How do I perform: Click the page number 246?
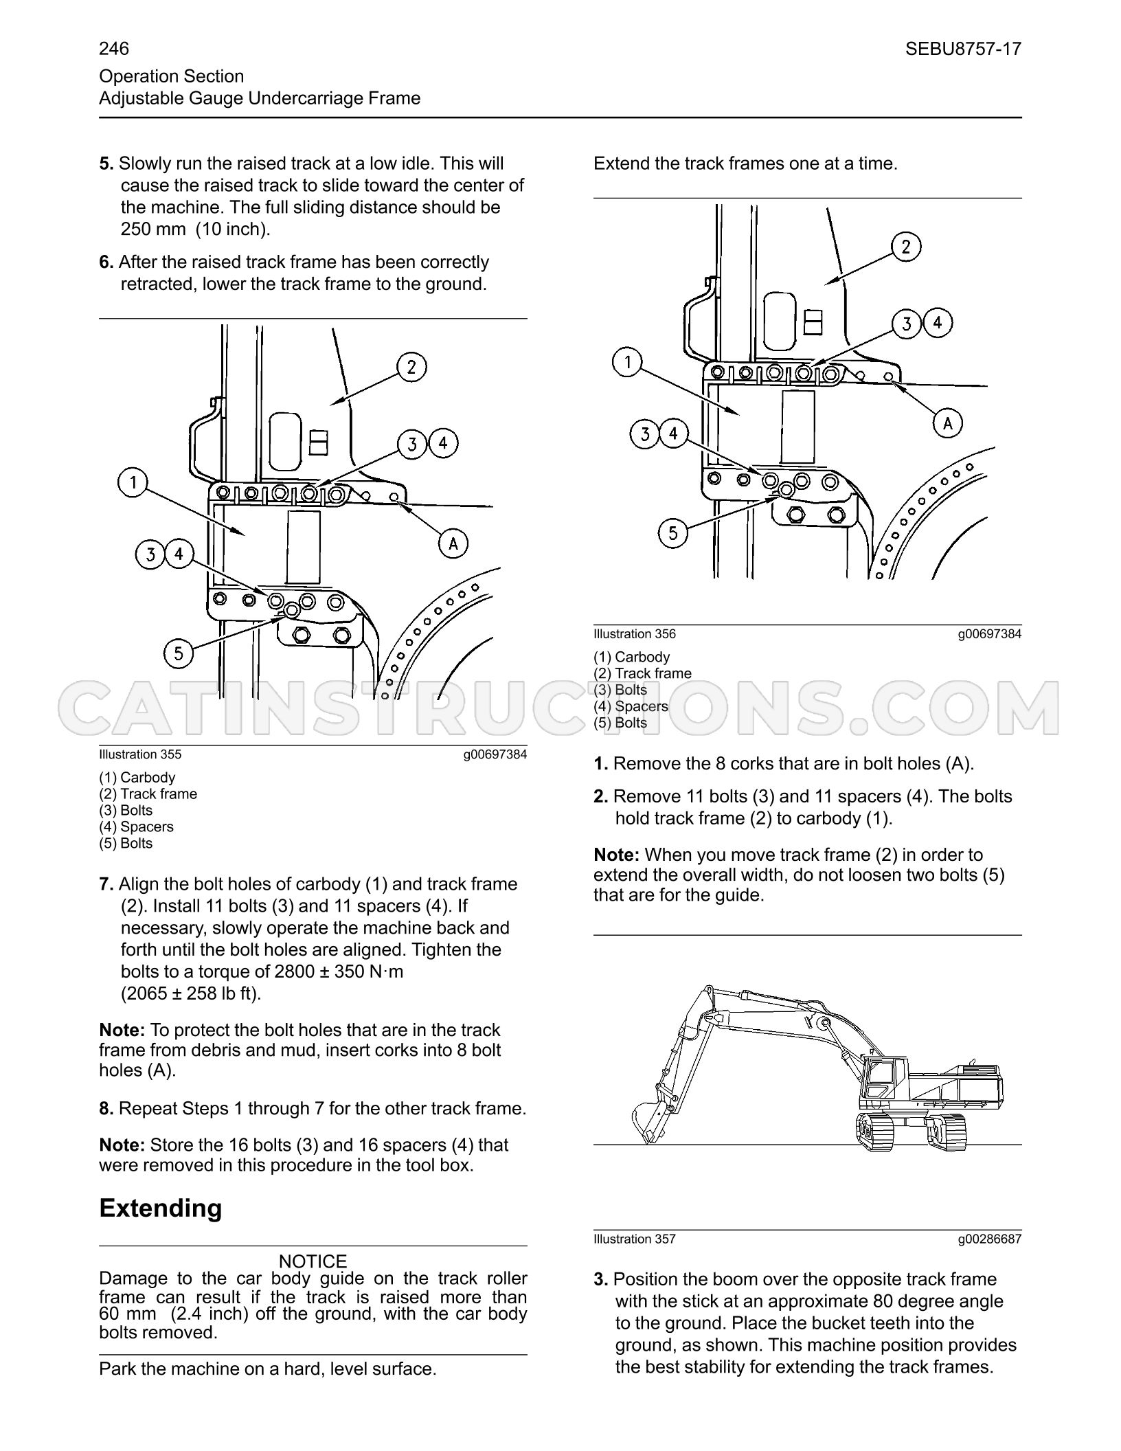(x=114, y=49)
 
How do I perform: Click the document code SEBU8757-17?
(x=963, y=49)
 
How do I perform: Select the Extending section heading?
(x=161, y=1208)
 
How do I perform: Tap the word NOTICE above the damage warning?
(x=313, y=1261)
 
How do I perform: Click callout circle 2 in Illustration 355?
(x=411, y=368)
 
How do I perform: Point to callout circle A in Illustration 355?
(x=453, y=544)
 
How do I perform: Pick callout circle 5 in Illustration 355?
(x=179, y=653)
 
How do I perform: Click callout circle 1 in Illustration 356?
(x=627, y=363)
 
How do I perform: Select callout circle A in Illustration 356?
(x=948, y=424)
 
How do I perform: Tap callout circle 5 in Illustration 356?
(x=673, y=533)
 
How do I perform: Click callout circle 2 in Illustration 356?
(x=906, y=247)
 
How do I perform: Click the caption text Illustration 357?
(x=635, y=1239)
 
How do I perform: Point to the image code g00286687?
(x=990, y=1239)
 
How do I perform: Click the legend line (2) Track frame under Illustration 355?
(x=148, y=794)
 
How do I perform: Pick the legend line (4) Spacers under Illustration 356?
(x=631, y=706)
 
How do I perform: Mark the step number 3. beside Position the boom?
(x=601, y=1279)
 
